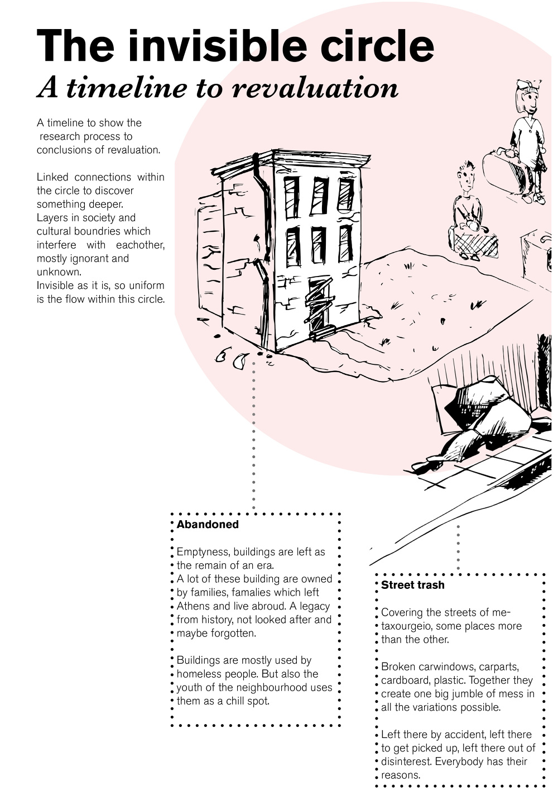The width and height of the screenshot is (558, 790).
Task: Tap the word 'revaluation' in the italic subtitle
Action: click(x=315, y=88)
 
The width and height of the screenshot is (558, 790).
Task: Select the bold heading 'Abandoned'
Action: click(x=208, y=525)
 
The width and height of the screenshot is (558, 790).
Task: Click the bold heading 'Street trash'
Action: click(x=413, y=586)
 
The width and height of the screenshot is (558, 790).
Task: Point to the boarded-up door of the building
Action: click(x=318, y=304)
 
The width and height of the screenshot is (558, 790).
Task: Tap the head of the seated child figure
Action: click(x=465, y=178)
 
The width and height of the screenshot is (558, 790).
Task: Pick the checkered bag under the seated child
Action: click(x=476, y=243)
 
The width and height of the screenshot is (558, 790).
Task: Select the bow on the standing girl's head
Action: click(x=527, y=85)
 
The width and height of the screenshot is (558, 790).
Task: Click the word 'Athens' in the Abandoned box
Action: click(x=193, y=606)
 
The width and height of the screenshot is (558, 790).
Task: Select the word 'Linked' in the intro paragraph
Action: click(x=52, y=177)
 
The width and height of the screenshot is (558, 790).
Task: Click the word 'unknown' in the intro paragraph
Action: click(x=58, y=272)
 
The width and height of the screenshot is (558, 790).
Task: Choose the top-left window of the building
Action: click(x=292, y=197)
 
